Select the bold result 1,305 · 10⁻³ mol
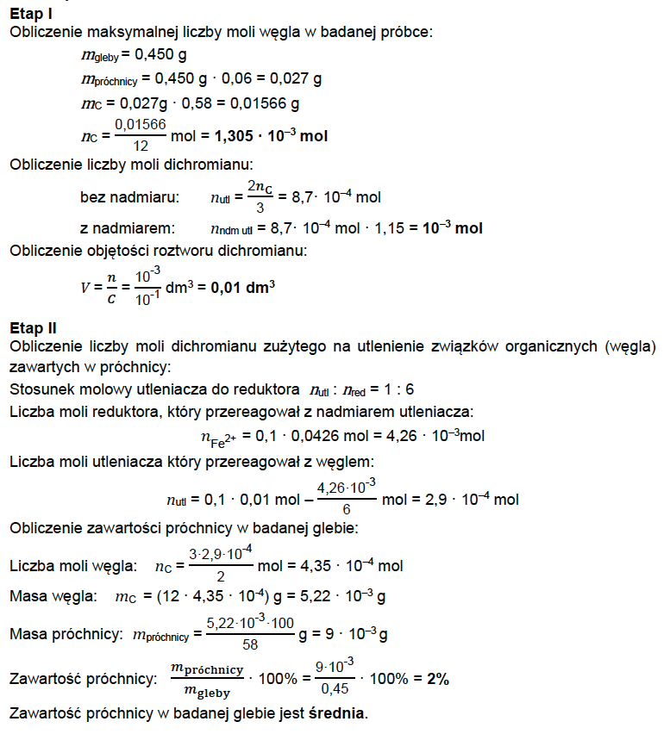(x=271, y=136)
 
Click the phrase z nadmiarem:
(x=127, y=228)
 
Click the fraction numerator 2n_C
(x=260, y=187)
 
